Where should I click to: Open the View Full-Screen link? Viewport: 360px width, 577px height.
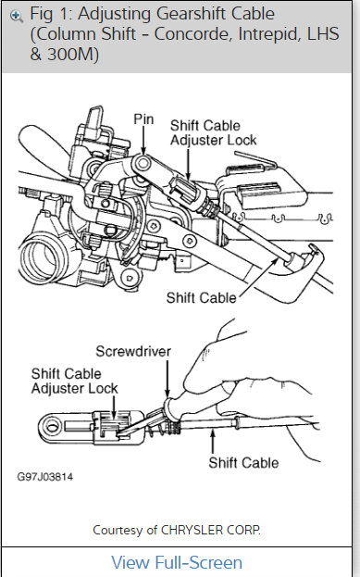tap(177, 562)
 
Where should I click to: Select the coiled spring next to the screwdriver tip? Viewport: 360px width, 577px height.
tap(161, 424)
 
